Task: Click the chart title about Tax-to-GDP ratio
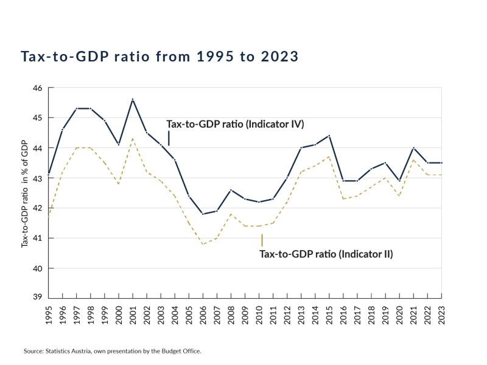pos(159,57)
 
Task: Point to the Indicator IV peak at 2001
pos(133,99)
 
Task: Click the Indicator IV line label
pos(235,124)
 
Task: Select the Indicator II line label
pos(326,254)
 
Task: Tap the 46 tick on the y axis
pos(37,88)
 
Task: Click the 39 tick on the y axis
pos(37,297)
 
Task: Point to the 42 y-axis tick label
pos(37,208)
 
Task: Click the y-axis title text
pos(25,193)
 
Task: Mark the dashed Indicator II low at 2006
pos(203,244)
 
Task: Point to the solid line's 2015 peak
pos(329,136)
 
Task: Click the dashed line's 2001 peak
pos(133,139)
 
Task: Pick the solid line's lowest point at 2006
pos(203,214)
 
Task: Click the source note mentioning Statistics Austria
pos(112,352)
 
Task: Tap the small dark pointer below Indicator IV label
pos(169,140)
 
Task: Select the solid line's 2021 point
pos(412,148)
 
